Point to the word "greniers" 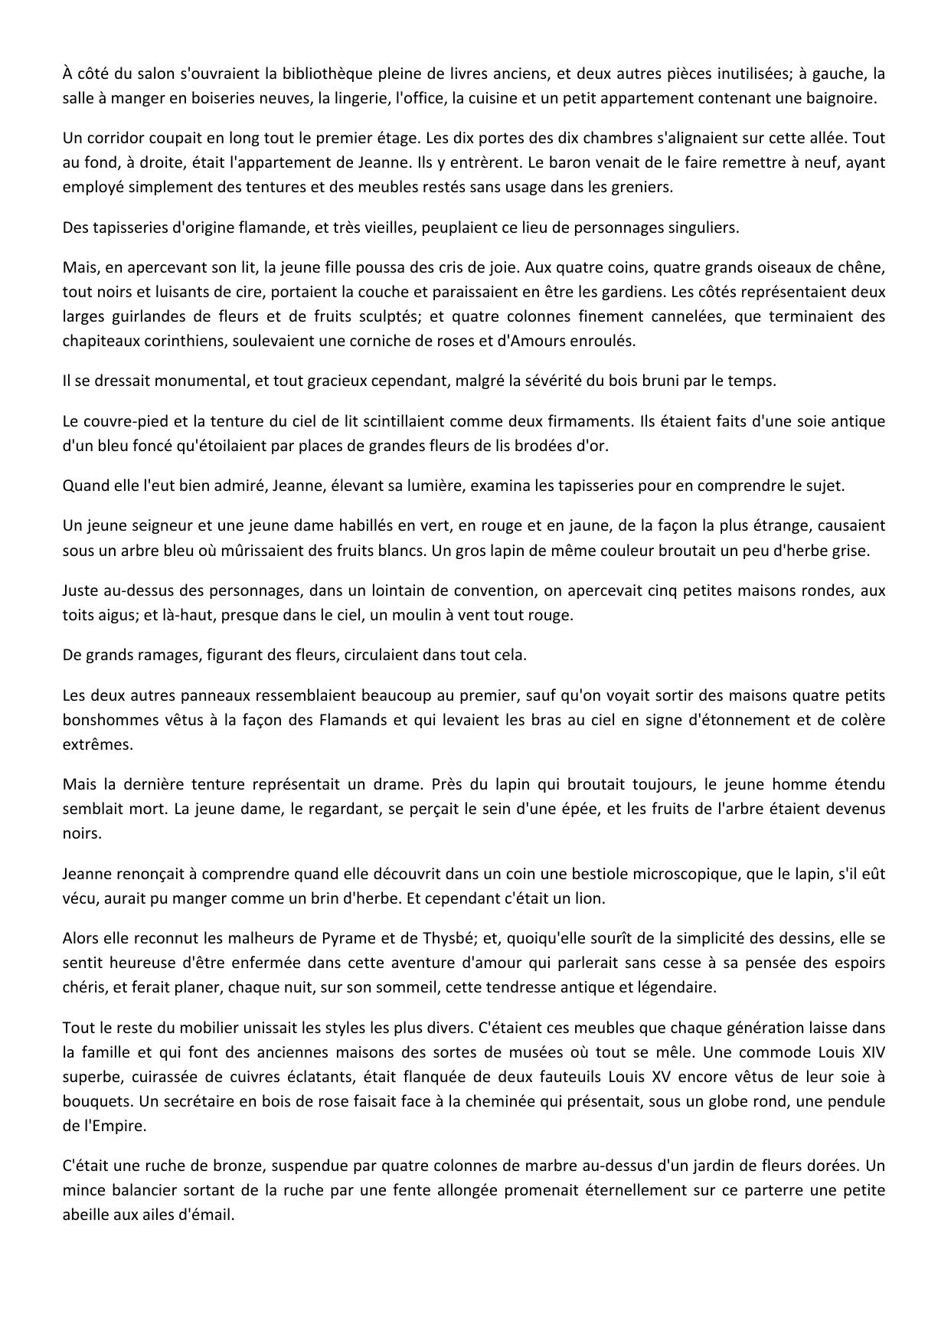pos(645,187)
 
